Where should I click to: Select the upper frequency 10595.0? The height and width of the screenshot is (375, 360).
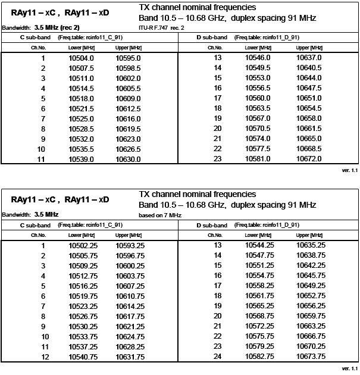click(128, 58)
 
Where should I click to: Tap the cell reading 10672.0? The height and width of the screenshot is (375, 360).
click(309, 159)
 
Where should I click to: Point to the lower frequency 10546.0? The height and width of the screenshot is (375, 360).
click(258, 58)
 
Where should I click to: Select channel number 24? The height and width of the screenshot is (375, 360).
click(217, 357)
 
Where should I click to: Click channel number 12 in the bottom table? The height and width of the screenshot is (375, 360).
click(43, 357)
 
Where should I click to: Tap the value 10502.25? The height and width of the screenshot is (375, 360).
click(83, 245)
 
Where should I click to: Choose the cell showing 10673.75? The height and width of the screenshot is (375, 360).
click(311, 357)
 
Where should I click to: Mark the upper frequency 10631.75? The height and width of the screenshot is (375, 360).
click(130, 357)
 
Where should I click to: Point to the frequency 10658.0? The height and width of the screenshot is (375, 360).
click(309, 118)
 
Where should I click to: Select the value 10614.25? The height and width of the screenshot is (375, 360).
click(130, 306)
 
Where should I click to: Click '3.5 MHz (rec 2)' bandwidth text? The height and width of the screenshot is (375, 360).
click(57, 27)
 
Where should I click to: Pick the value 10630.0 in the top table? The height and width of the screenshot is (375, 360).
click(128, 159)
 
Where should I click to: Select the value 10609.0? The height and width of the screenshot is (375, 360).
click(128, 98)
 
